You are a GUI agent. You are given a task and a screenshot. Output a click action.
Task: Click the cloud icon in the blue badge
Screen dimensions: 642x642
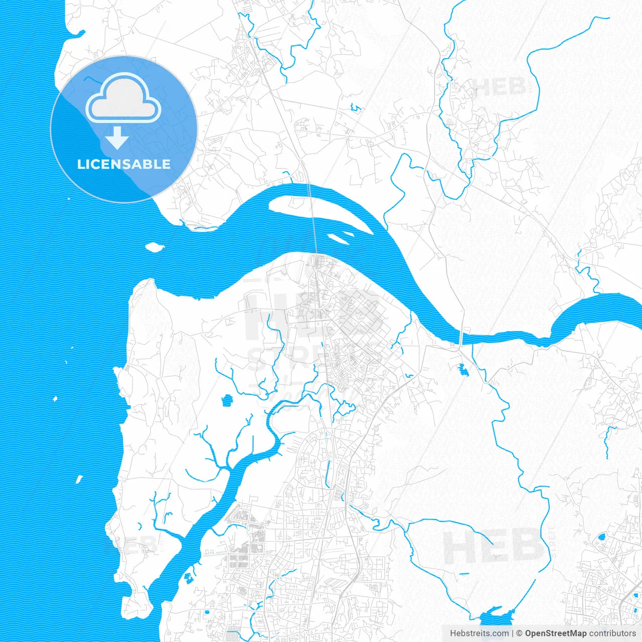pyautogui.click(x=123, y=98)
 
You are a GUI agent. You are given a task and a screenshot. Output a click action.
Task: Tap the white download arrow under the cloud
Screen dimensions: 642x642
pyautogui.click(x=117, y=138)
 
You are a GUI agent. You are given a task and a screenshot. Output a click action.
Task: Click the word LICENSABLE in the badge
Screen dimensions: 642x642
pyautogui.click(x=123, y=164)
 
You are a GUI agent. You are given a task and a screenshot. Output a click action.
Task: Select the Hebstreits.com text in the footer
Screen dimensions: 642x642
pyautogui.click(x=479, y=633)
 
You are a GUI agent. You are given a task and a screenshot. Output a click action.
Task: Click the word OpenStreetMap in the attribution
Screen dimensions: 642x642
pyautogui.click(x=555, y=633)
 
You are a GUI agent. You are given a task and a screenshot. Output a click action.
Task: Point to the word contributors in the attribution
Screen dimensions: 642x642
pyautogui.click(x=612, y=633)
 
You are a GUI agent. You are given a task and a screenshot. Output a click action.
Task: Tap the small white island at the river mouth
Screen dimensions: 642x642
pyautogui.click(x=154, y=247)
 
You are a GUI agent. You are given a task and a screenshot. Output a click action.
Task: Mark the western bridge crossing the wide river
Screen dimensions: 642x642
pyautogui.click(x=313, y=221)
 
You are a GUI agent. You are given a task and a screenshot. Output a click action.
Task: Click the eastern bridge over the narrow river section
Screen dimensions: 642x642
pyautogui.click(x=461, y=337)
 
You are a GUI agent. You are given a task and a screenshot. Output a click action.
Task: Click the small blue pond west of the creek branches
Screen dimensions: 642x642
pyautogui.click(x=227, y=400)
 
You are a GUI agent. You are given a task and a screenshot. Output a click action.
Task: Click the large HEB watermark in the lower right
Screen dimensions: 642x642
pyautogui.click(x=494, y=547)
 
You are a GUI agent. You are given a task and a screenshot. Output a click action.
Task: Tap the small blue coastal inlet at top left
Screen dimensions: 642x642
pyautogui.click(x=75, y=35)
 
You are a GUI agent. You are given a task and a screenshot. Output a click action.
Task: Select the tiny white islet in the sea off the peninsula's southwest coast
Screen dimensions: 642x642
pyautogui.click(x=79, y=479)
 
